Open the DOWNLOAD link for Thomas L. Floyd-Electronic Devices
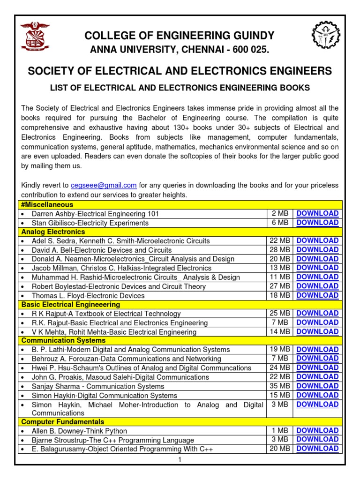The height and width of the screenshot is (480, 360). pos(317,295)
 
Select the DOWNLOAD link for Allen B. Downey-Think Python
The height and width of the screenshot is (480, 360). pos(317,430)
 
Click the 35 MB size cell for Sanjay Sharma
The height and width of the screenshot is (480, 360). pos(280,386)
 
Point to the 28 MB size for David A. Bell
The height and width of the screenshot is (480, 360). pos(280,250)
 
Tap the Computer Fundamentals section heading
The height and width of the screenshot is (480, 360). pos(63,422)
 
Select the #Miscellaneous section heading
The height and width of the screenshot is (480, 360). pos(47,205)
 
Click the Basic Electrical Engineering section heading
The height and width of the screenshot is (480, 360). pos(71,304)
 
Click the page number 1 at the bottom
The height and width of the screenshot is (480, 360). pos(179,460)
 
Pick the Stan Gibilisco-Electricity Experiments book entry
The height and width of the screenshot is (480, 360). pos(90,223)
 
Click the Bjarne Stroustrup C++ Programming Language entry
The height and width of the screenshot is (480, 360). pos(112,440)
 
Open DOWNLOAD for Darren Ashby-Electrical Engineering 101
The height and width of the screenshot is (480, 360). pos(317,213)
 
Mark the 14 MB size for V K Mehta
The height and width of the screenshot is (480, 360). pos(280,331)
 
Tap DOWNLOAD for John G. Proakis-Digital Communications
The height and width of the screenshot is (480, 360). pos(317,376)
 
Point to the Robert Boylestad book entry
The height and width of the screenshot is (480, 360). pos(119,286)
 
